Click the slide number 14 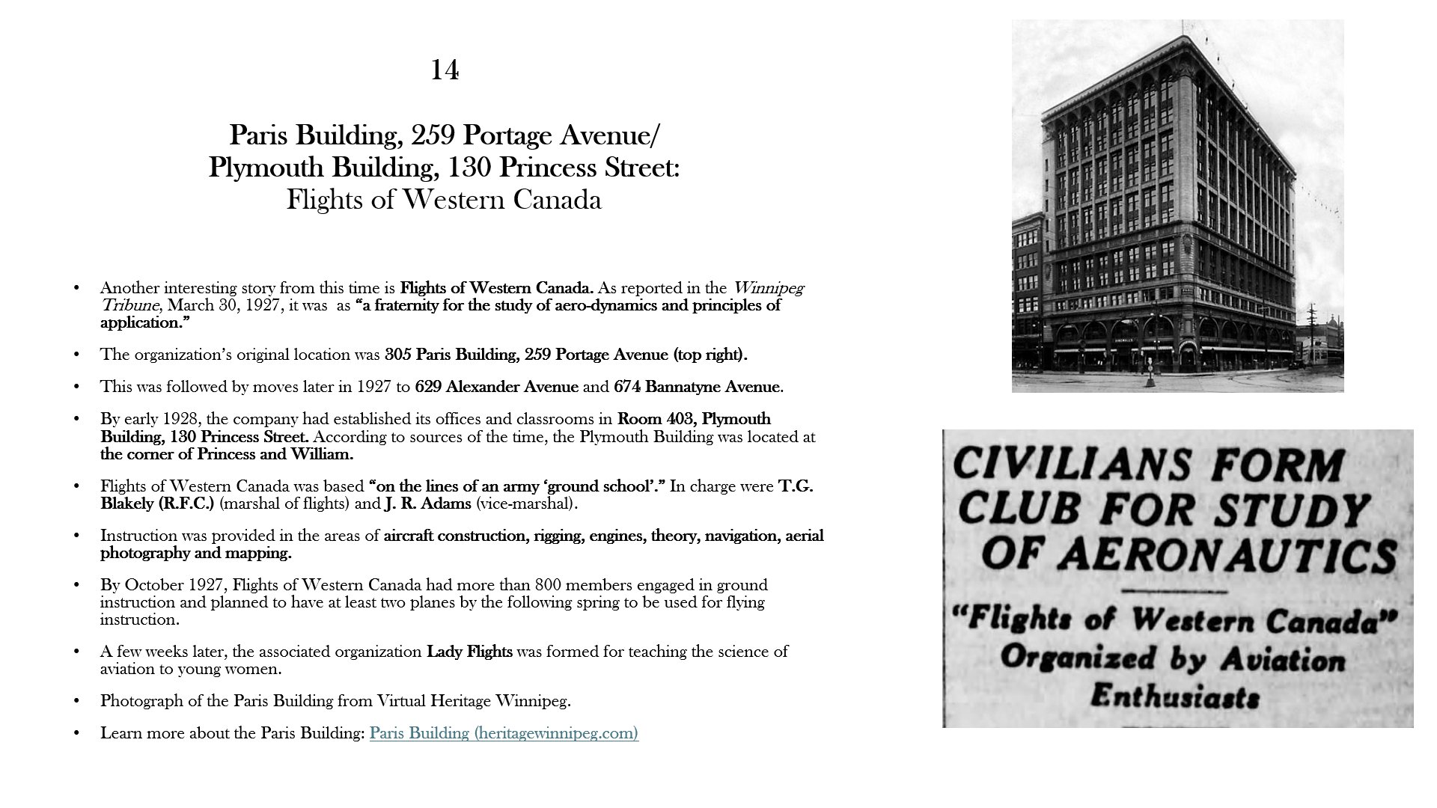(x=445, y=70)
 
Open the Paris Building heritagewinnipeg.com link (x=504, y=733)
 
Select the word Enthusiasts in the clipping (x=1174, y=697)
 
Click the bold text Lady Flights (x=469, y=652)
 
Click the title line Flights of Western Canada (x=444, y=200)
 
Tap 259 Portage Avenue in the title (x=561, y=135)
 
